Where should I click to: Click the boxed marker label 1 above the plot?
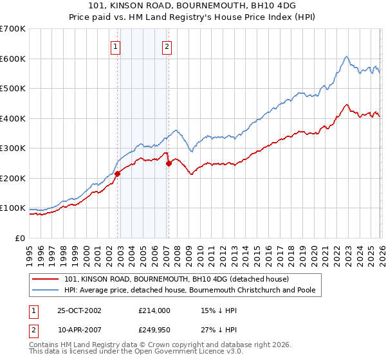pos(116,46)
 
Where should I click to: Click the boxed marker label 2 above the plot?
pos(167,46)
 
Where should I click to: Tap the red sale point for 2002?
pos(118,174)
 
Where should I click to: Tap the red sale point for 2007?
pos(169,163)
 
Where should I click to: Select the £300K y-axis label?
pos(13,148)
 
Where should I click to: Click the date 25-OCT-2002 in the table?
pos(81,310)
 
